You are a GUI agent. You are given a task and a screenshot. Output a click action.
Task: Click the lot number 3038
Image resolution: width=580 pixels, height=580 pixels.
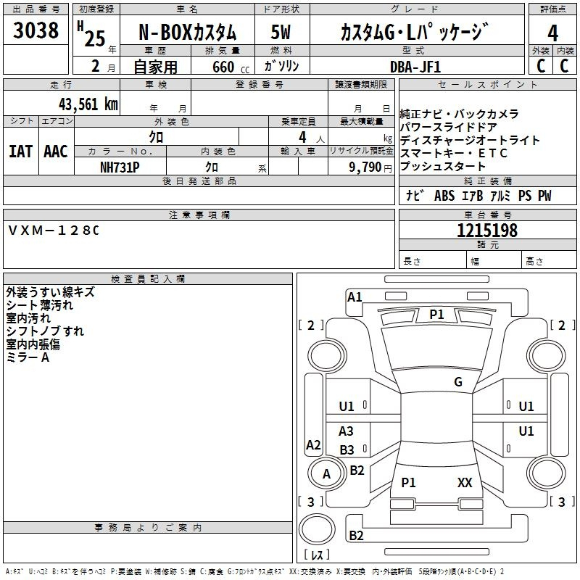click(x=36, y=30)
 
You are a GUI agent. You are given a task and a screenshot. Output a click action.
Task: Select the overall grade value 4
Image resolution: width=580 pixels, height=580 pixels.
click(x=552, y=33)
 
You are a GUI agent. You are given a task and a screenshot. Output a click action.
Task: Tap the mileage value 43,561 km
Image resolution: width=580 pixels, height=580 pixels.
click(x=88, y=104)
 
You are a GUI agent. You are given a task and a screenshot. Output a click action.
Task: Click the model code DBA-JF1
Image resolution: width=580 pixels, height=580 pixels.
click(x=415, y=67)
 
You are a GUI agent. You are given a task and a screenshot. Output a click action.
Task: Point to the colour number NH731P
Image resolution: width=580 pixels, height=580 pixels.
click(x=120, y=167)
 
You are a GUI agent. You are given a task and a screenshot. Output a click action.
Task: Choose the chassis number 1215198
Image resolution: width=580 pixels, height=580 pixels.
click(x=487, y=231)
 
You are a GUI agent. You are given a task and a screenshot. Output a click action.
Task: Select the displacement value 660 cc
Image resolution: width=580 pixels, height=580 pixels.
click(x=231, y=67)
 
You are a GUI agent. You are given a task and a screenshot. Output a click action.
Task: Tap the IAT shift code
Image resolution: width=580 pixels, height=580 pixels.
click(x=20, y=152)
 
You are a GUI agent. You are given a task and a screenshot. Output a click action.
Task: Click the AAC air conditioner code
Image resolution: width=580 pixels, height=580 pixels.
click(x=56, y=152)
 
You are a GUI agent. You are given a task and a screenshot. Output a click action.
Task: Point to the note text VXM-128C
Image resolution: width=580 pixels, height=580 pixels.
click(x=54, y=231)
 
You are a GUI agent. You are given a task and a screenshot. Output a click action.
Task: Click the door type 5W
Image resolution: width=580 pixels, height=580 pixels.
click(x=281, y=32)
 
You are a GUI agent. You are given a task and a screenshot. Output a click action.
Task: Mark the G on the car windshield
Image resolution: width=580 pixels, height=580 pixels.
click(x=458, y=382)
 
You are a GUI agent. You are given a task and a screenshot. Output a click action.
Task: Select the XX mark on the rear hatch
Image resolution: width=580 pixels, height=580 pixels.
click(x=465, y=482)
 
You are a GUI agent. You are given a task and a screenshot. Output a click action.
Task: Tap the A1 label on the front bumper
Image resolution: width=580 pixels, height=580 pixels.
click(x=355, y=297)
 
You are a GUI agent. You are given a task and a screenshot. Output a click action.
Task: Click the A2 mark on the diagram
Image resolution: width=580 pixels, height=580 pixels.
click(x=313, y=444)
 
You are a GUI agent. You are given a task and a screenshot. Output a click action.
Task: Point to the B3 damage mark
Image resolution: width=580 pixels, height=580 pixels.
click(x=347, y=449)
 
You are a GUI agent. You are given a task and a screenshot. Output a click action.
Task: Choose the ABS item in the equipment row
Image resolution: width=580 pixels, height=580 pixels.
click(x=444, y=196)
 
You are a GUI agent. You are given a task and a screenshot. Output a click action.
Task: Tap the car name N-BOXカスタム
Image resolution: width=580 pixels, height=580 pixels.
click(x=187, y=33)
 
